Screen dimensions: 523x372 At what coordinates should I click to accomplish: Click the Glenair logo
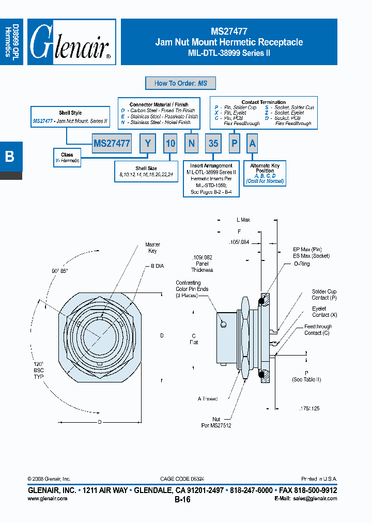coord(71,42)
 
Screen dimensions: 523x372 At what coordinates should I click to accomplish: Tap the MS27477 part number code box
coord(112,144)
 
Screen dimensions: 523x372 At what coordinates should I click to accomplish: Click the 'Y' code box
coord(148,144)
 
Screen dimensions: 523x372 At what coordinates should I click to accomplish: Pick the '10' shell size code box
coord(171,144)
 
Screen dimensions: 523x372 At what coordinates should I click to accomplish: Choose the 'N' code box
coord(191,144)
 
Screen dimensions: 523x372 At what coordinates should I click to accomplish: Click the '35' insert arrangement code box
coord(213,144)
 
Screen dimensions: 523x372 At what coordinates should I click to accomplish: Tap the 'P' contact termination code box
coord(234,144)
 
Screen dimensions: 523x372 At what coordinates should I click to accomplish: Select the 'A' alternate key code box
coord(252,144)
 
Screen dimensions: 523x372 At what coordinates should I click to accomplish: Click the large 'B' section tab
coord(10,157)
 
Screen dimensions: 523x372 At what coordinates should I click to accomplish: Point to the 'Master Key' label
coord(152,248)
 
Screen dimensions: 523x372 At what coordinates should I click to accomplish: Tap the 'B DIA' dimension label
coord(157,266)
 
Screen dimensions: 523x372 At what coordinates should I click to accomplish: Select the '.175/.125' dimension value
coord(309,408)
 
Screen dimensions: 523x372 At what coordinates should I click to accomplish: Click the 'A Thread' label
coord(207,398)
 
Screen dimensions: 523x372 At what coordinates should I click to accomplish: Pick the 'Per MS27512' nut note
coord(216,426)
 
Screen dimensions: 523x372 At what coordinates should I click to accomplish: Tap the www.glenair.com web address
coord(47,499)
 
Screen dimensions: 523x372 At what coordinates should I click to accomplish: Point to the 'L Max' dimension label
coord(243,220)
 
